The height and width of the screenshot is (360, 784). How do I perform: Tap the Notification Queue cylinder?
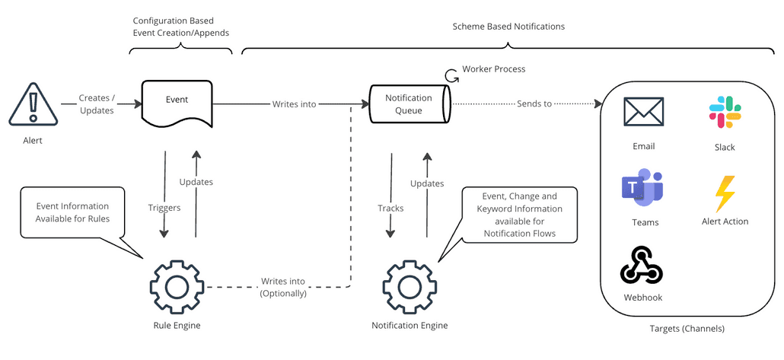pos(410,104)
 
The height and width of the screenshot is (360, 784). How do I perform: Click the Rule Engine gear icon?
pos(177,287)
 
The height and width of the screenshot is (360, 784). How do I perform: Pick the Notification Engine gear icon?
pos(409,287)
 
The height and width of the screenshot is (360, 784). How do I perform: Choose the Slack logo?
pos(725,113)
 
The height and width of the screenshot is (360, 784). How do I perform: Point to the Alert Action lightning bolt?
pos(725,193)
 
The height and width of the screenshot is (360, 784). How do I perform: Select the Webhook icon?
pos(643,266)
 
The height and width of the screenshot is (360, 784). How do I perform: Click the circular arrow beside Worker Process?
pos(452,75)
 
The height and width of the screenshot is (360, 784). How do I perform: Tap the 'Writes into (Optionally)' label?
pos(283,287)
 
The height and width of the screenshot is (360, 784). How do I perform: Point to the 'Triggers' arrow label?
pos(164,207)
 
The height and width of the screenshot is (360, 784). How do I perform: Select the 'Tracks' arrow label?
pos(390,208)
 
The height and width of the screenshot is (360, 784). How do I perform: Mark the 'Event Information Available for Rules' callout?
pos(72,212)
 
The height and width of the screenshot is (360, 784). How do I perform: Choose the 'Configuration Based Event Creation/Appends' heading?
pos(180,26)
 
